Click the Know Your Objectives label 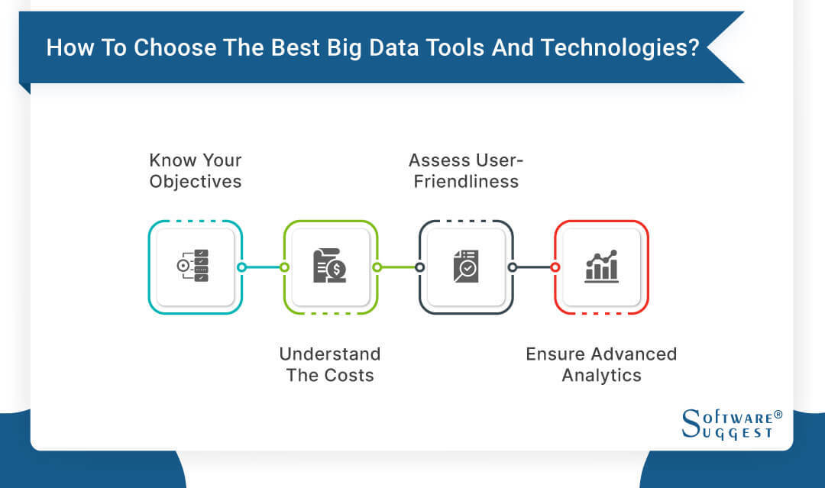(196, 170)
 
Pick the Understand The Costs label (330, 364)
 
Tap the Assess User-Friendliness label (466, 170)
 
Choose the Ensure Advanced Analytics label (601, 364)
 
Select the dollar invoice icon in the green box (330, 267)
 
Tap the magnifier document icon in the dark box (465, 267)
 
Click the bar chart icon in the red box (601, 267)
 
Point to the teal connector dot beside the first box (241, 267)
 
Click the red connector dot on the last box (555, 267)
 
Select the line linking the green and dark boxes (398, 267)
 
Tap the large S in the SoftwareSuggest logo (691, 422)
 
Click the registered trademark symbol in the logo (778, 415)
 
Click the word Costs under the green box (349, 375)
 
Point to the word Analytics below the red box (601, 375)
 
